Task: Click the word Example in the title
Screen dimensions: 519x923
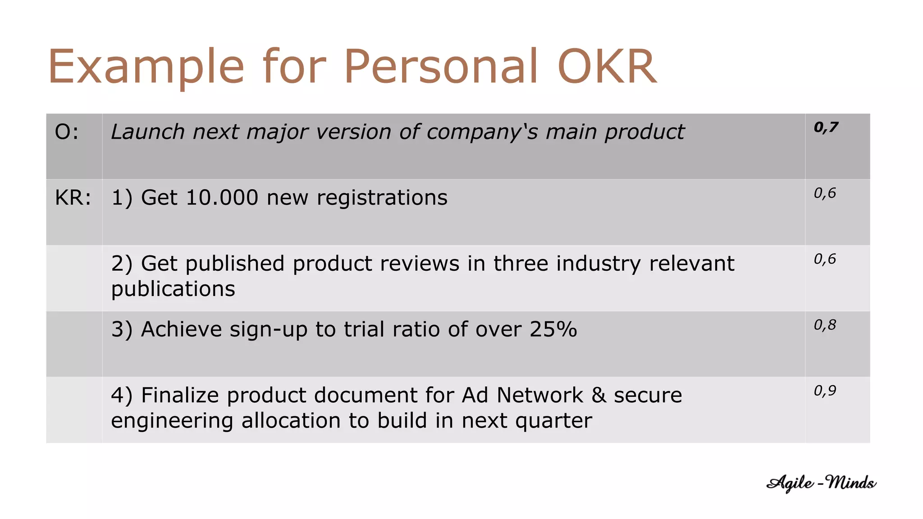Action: tap(146, 68)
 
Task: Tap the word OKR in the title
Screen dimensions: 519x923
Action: tap(607, 67)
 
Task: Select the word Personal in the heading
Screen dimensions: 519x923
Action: tap(441, 67)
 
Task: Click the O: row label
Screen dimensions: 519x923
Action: tap(67, 132)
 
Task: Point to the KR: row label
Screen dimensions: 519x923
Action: tap(73, 198)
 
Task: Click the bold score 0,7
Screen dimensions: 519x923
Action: tap(826, 127)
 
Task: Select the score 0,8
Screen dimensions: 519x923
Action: tap(825, 325)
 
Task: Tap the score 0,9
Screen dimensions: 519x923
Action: tap(825, 391)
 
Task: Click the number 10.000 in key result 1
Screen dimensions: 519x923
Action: tap(222, 198)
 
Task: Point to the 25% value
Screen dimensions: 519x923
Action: tap(553, 329)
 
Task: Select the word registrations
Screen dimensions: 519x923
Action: tap(382, 198)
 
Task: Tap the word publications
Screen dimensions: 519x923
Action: tap(173, 289)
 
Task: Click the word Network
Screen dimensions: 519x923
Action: tap(540, 395)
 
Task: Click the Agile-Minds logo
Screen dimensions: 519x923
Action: tap(821, 483)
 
